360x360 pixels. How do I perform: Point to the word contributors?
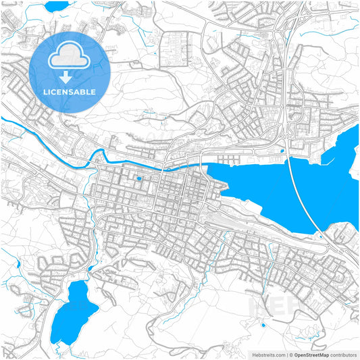pos(343,354)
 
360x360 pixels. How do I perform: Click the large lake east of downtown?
pos(270,192)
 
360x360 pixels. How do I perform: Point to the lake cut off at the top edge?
pos(56,6)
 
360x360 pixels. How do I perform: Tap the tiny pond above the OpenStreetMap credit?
pos(263,326)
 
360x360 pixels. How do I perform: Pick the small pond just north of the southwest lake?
pos(89,269)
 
